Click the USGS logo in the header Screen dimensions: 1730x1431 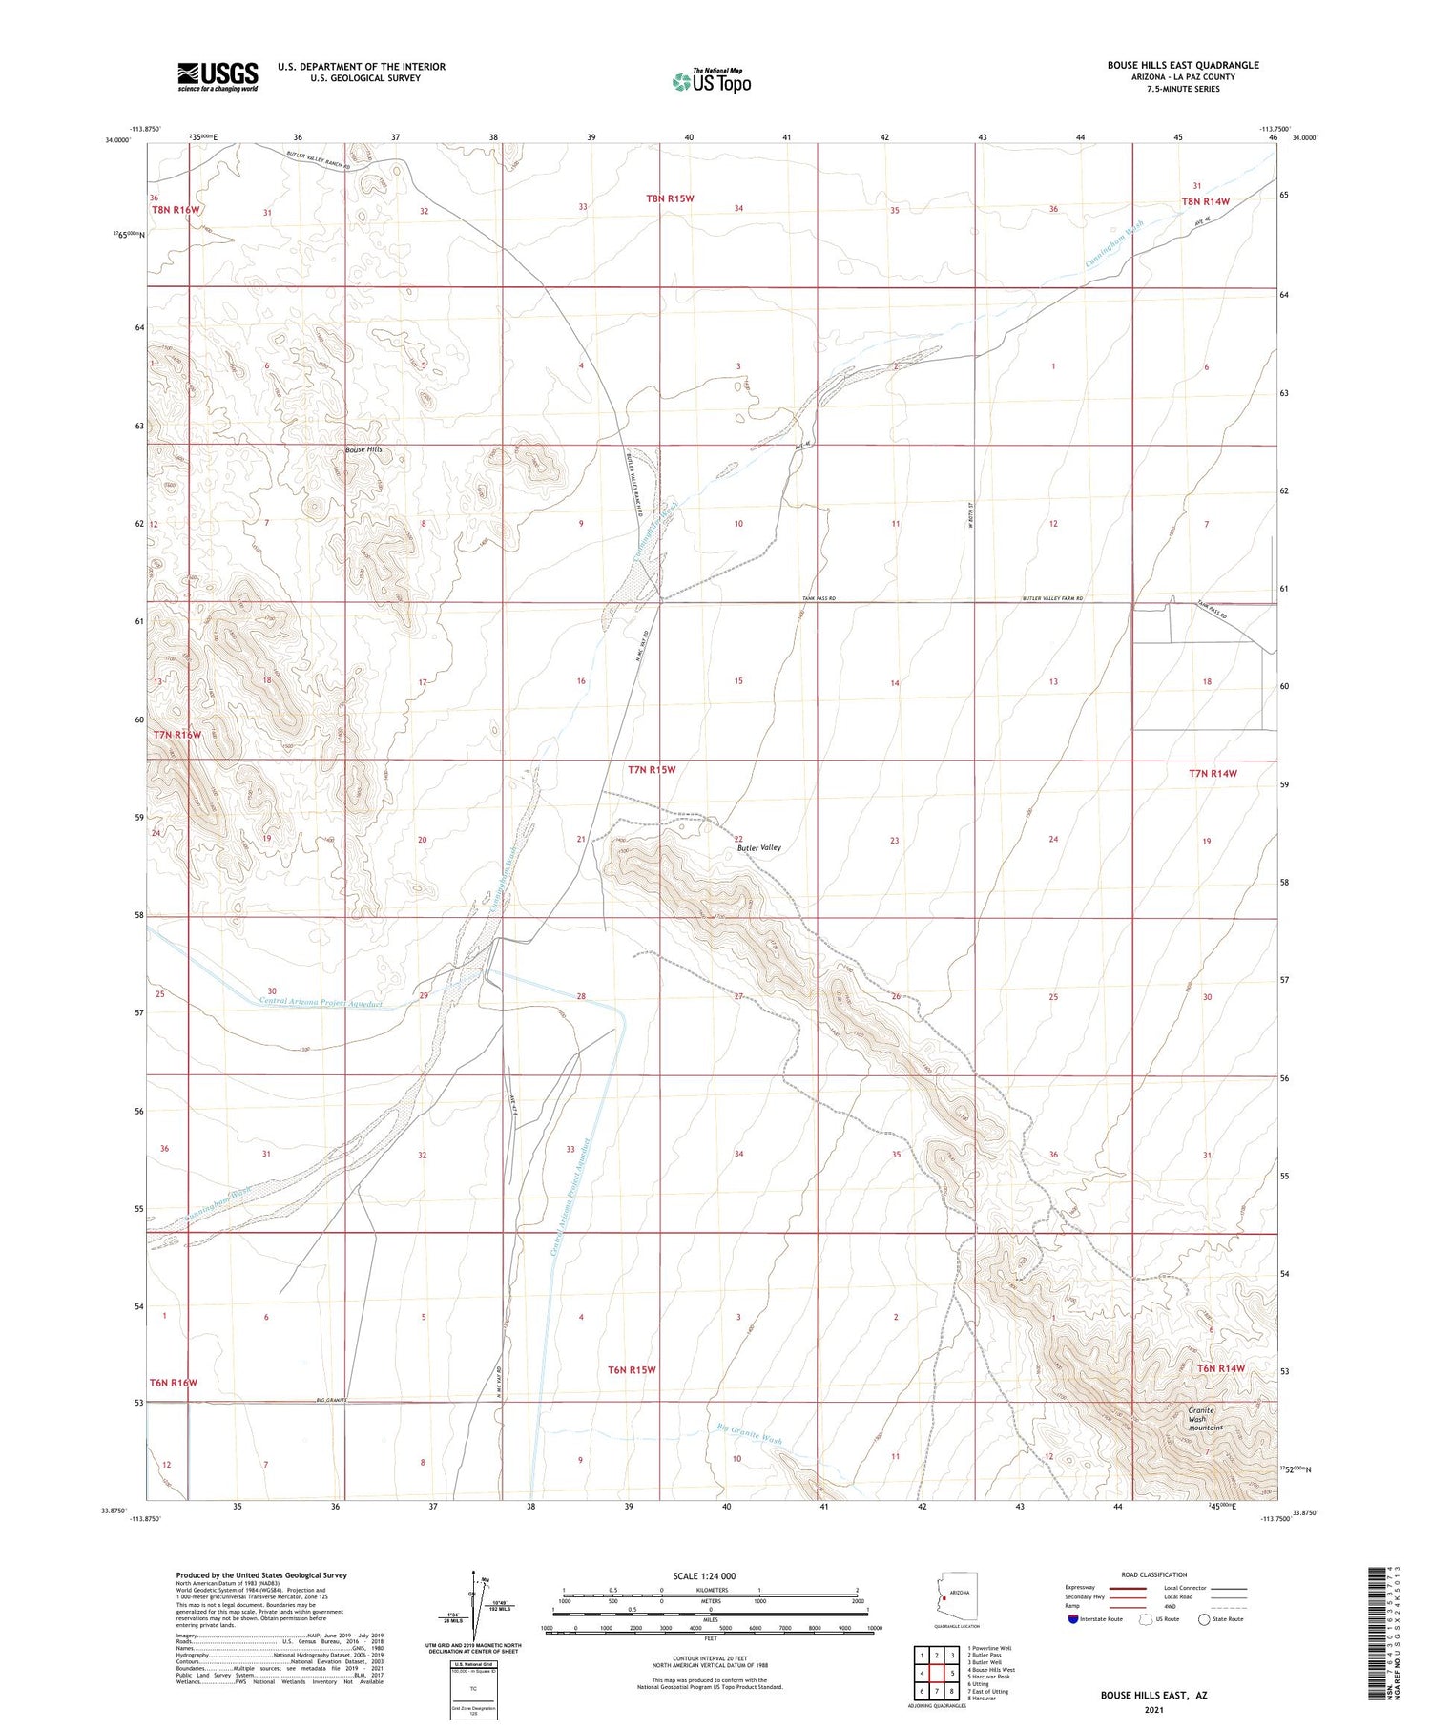point(218,76)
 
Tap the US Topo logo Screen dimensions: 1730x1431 point(712,81)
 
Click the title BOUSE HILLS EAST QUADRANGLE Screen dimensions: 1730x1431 point(1182,65)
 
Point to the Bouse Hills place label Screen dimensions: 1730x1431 point(364,448)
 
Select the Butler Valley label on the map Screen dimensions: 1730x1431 point(758,847)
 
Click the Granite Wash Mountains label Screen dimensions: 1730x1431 point(1205,1418)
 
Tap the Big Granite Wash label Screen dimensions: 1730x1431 point(749,1433)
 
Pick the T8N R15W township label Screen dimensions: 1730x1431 point(670,198)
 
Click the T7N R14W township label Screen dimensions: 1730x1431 point(1213,773)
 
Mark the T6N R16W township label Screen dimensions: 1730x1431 point(173,1382)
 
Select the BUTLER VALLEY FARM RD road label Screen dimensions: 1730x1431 point(1052,598)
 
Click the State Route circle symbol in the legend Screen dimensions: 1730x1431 point(1204,1619)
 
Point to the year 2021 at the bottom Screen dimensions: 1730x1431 point(1153,1708)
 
